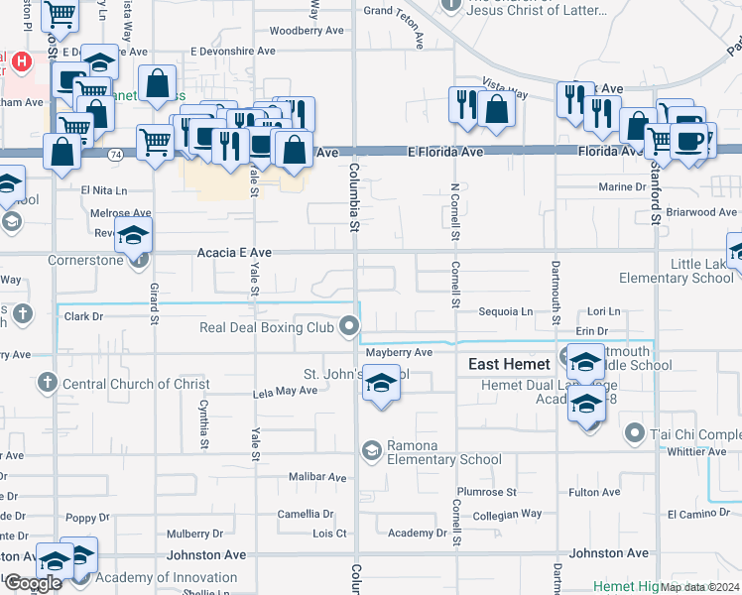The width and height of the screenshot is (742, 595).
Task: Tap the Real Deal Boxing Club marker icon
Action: [348, 325]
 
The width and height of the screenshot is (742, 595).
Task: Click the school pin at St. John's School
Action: [379, 384]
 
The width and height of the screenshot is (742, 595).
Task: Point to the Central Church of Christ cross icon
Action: [46, 383]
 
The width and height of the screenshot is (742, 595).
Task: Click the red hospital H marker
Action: [22, 60]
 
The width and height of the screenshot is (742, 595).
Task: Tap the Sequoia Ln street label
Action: [506, 311]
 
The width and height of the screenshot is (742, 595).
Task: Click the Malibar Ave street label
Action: [317, 477]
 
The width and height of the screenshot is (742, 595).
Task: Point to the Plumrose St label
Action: [486, 492]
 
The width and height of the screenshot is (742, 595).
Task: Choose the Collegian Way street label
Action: [507, 514]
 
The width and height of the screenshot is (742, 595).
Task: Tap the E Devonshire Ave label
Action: [232, 51]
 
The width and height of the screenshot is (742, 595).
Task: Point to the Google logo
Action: [33, 582]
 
